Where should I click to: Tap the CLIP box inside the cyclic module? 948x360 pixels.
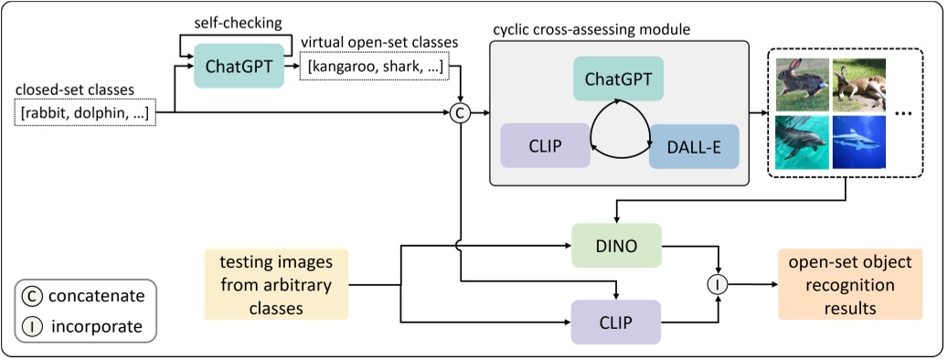coord(545,146)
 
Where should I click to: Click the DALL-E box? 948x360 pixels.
coord(693,146)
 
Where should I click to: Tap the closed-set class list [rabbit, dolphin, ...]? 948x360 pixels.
coord(86,113)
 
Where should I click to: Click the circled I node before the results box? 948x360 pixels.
coord(719,284)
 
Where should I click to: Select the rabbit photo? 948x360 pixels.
coord(802,84)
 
